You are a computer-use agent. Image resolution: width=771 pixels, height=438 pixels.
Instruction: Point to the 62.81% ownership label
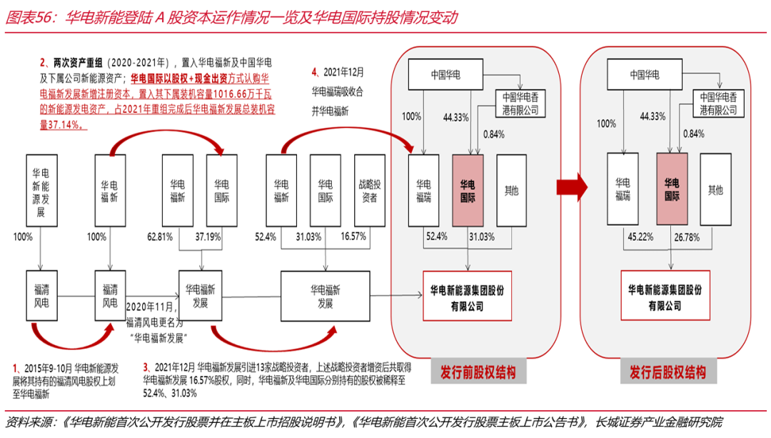(161, 236)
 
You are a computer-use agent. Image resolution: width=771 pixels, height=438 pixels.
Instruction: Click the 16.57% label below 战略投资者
(354, 236)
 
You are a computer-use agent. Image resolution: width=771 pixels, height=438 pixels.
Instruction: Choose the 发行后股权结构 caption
(667, 373)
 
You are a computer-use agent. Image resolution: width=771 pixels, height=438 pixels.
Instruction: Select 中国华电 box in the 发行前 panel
(445, 74)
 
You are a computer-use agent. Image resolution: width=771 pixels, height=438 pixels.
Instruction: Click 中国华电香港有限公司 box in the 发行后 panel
(718, 104)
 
